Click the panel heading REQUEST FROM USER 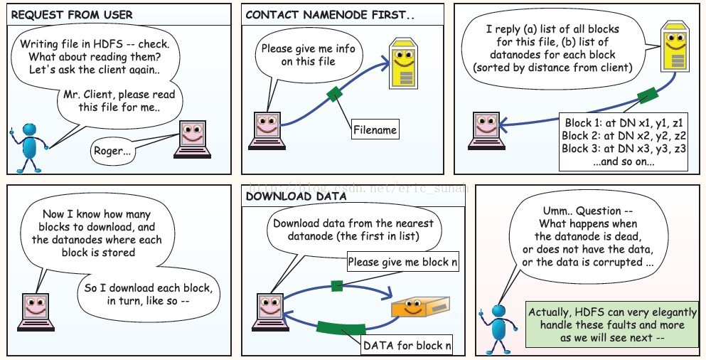click(x=73, y=14)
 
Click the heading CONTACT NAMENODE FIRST click(x=328, y=14)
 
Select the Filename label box click(x=375, y=130)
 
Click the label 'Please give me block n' click(x=402, y=262)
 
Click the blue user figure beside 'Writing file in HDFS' click(x=29, y=147)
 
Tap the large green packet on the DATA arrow click(x=336, y=329)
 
